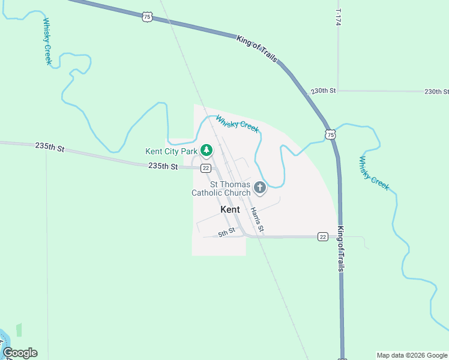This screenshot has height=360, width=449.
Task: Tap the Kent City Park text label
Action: (x=172, y=151)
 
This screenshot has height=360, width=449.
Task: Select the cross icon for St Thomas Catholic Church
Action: (x=260, y=188)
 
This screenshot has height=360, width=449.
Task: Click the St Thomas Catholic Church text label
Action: (x=221, y=188)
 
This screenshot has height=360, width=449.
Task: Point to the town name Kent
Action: (x=230, y=209)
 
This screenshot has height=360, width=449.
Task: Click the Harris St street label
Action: (x=257, y=220)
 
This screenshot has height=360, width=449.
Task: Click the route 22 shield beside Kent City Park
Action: (x=205, y=168)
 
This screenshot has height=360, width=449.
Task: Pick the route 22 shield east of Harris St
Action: (x=323, y=237)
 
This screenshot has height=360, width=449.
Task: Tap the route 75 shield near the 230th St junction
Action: (x=331, y=134)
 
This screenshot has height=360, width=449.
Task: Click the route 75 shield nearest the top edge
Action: (x=147, y=17)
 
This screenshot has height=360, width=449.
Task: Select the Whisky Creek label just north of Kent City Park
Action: (x=237, y=124)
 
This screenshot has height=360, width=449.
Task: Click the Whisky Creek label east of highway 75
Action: (x=374, y=173)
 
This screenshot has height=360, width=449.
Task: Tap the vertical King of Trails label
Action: (x=340, y=250)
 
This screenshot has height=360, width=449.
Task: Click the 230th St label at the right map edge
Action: (x=436, y=92)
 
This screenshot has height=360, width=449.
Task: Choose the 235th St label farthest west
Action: (x=49, y=146)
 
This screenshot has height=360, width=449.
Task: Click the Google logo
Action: (x=20, y=353)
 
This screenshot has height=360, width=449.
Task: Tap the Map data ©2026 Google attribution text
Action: (x=412, y=355)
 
